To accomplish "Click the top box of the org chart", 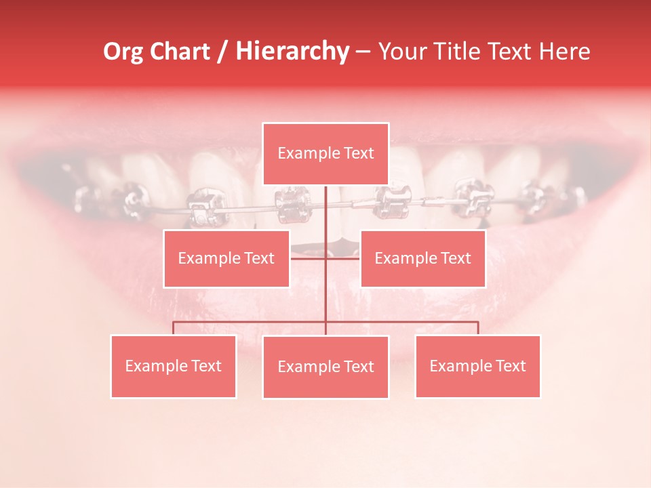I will pyautogui.click(x=325, y=154).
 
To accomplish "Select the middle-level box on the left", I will pyautogui.click(x=226, y=258).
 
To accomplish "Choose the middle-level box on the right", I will pyautogui.click(x=422, y=258).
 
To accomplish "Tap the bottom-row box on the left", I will pyautogui.click(x=173, y=366).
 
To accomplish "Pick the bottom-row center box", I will pyautogui.click(x=325, y=367).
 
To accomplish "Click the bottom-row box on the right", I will pyautogui.click(x=477, y=366).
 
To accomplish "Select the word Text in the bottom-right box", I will pyautogui.click(x=510, y=366).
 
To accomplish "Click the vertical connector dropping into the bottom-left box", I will pyautogui.click(x=173, y=328).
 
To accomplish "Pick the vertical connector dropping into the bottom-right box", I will pyautogui.click(x=478, y=328).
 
